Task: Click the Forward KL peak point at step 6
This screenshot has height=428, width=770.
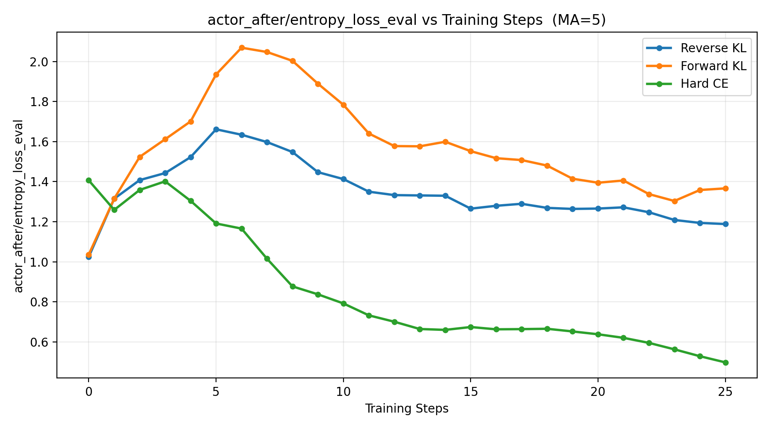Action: pyautogui.click(x=242, y=48)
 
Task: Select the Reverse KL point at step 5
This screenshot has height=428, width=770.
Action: pyautogui.click(x=216, y=129)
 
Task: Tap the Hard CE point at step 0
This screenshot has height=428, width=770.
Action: pyautogui.click(x=89, y=180)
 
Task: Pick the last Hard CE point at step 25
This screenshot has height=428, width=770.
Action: pyautogui.click(x=726, y=363)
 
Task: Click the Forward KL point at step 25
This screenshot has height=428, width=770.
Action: pyautogui.click(x=726, y=188)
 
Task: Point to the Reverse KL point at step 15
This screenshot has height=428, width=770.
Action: pyautogui.click(x=471, y=208)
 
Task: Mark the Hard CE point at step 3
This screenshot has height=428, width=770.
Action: pyautogui.click(x=165, y=181)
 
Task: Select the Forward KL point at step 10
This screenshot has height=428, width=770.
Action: pyautogui.click(x=344, y=105)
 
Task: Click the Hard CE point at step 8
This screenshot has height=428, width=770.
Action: pyautogui.click(x=293, y=286)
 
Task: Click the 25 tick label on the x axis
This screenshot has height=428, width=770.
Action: pyautogui.click(x=726, y=391)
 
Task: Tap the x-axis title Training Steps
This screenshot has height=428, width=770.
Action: pyautogui.click(x=406, y=409)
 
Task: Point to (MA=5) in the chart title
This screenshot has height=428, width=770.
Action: pyautogui.click(x=579, y=20)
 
